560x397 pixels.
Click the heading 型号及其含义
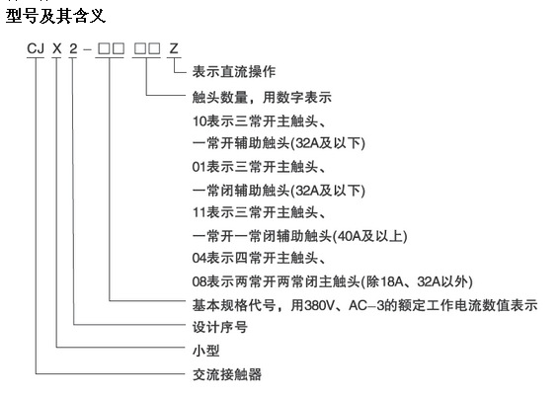point(55,17)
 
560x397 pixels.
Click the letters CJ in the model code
point(36,48)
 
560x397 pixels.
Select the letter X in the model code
point(56,48)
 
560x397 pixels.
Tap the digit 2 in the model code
point(73,48)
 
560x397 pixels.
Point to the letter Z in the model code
point(174,48)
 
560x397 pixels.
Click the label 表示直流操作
point(234,72)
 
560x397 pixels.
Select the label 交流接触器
point(227,374)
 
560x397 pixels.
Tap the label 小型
point(206,351)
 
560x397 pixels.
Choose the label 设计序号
point(220,327)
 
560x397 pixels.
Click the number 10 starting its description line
point(200,121)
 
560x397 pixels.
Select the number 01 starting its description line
point(200,167)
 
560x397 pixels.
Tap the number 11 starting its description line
point(200,212)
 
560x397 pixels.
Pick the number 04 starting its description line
point(200,258)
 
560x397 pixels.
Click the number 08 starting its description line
point(200,282)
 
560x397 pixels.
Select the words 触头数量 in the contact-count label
point(220,97)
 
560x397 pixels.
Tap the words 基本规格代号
point(234,305)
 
